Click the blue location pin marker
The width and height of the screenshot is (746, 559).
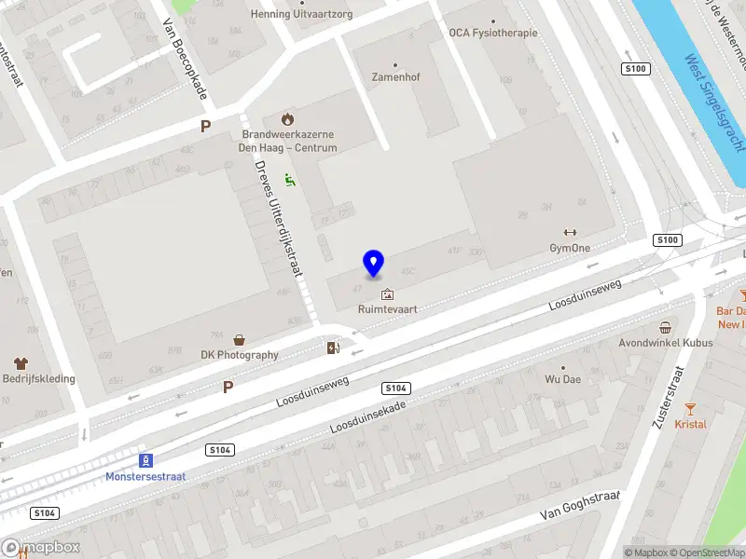click(x=373, y=264)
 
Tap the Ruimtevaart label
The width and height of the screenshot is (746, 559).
click(x=387, y=309)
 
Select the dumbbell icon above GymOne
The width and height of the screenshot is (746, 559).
click(x=570, y=233)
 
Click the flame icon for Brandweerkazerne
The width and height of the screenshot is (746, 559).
click(x=287, y=119)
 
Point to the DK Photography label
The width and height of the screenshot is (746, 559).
click(x=240, y=355)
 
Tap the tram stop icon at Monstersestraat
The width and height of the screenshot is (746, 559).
click(x=145, y=460)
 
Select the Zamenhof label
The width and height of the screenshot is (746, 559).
click(x=395, y=77)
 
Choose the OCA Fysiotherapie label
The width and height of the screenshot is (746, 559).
click(x=492, y=33)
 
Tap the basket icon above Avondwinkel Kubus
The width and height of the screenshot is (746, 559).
click(x=665, y=328)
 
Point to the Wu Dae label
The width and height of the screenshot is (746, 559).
click(x=562, y=380)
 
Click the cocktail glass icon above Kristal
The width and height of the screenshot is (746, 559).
click(x=690, y=408)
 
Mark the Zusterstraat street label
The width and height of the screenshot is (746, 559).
click(x=671, y=396)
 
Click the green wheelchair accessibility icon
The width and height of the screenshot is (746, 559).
click(x=291, y=180)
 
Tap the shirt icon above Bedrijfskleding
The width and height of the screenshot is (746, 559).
click(x=20, y=363)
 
